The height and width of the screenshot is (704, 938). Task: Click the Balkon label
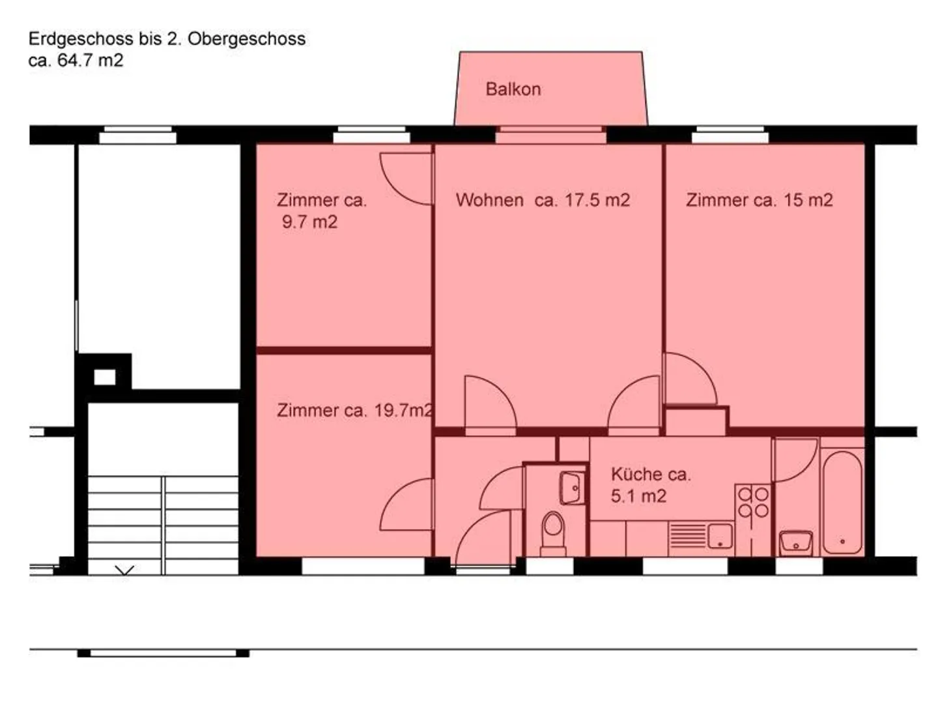pyautogui.click(x=513, y=89)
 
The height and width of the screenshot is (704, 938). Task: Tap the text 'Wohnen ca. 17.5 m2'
pyautogui.click(x=543, y=199)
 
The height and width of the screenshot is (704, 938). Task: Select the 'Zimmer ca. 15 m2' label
pyautogui.click(x=759, y=199)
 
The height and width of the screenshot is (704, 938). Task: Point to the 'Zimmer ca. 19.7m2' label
pyautogui.click(x=354, y=410)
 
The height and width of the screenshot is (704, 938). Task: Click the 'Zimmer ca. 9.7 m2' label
pyautogui.click(x=321, y=211)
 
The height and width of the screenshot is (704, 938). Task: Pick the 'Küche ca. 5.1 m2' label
pyautogui.click(x=649, y=485)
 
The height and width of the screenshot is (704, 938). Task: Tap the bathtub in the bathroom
pyautogui.click(x=842, y=502)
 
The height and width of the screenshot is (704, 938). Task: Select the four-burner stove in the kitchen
pyautogui.click(x=752, y=502)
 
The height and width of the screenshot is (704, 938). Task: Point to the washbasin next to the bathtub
pyautogui.click(x=795, y=542)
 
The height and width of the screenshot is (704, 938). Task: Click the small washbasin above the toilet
pyautogui.click(x=572, y=487)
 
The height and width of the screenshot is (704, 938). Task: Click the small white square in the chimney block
pyautogui.click(x=104, y=377)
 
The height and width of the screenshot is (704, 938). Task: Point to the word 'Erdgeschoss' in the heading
pyautogui.click(x=81, y=38)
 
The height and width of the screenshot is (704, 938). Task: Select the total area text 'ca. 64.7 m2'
pyautogui.click(x=76, y=61)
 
